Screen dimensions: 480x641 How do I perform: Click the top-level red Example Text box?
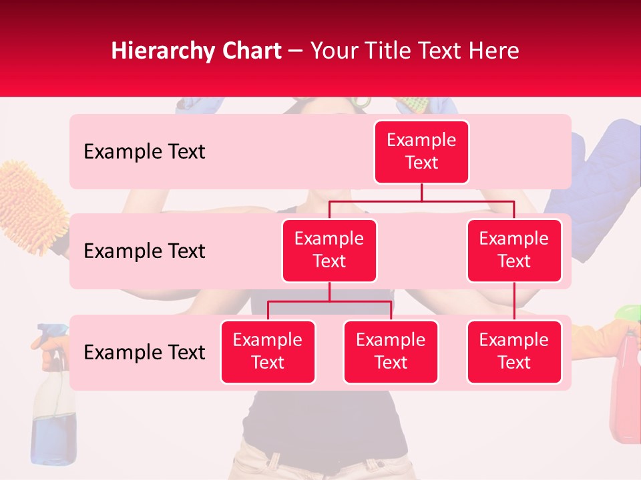coord(421,152)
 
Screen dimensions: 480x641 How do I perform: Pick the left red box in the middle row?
coord(329,251)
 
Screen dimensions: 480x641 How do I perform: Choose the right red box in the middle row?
coord(514,251)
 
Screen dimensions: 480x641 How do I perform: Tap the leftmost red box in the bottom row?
coord(268,352)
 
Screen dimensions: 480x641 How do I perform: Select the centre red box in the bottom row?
coord(391,352)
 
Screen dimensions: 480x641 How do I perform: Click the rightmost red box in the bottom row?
coord(514,352)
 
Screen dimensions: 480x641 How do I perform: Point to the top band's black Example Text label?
coord(144,152)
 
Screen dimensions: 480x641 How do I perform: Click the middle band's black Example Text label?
coord(144,251)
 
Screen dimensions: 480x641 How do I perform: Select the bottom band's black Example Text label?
coord(144,353)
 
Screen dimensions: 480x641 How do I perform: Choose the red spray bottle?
coord(626,393)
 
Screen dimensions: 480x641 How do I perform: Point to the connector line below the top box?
coord(421,193)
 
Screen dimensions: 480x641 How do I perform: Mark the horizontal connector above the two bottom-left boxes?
coord(329,301)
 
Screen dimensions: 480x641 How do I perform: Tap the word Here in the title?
coord(494,51)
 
